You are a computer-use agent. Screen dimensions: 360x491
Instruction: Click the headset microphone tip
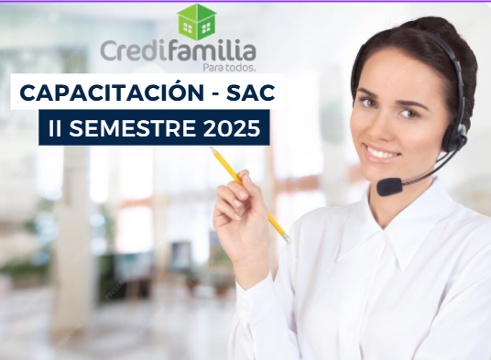coord(388,186)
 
